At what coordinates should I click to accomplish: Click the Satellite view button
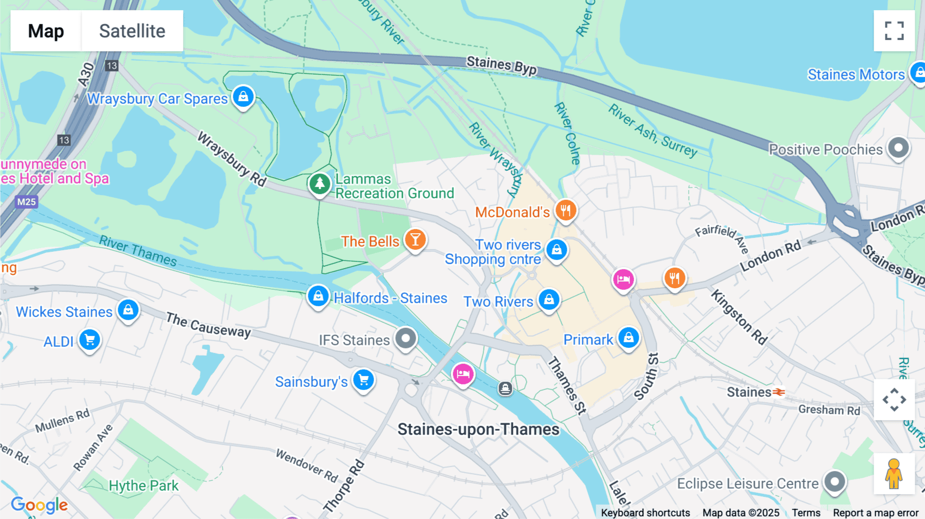click(x=132, y=31)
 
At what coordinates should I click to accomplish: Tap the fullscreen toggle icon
click(x=894, y=31)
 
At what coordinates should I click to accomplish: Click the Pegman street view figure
click(x=894, y=474)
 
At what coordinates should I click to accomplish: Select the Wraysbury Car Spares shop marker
click(x=243, y=97)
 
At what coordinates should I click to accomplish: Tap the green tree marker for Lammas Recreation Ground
click(x=320, y=183)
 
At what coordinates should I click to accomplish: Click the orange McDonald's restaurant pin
click(x=565, y=210)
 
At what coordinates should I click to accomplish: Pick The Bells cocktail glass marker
click(x=415, y=240)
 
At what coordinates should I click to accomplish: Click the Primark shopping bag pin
click(x=628, y=338)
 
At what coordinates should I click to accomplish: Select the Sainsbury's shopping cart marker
click(x=364, y=380)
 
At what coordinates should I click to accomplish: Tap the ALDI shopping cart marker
click(x=90, y=340)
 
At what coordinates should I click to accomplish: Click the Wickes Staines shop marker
click(x=128, y=310)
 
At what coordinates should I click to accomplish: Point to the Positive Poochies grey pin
click(x=898, y=149)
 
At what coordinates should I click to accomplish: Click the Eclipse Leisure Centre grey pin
click(x=835, y=482)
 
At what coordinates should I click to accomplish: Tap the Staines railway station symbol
click(x=780, y=392)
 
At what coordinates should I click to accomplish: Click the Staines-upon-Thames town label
click(x=478, y=430)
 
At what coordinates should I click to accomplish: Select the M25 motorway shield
click(x=26, y=202)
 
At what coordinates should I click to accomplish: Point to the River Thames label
click(x=138, y=251)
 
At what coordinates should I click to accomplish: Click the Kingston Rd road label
click(x=739, y=317)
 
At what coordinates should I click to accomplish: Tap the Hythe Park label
click(x=143, y=486)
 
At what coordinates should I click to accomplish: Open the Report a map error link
click(x=875, y=513)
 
